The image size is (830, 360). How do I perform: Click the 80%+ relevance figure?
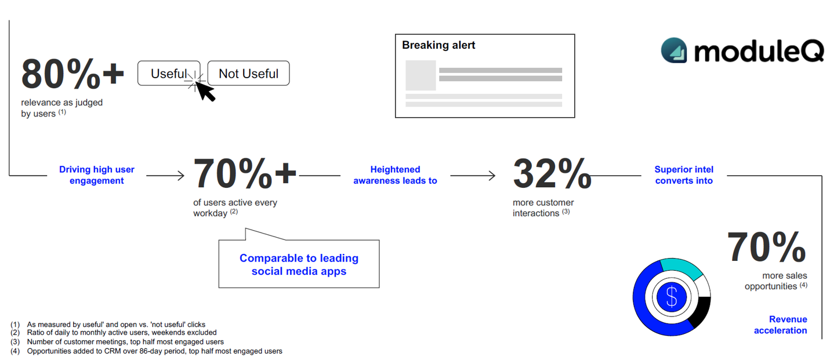[x=73, y=74]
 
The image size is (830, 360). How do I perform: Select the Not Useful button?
[x=248, y=73]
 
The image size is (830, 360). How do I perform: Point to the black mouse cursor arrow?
[x=205, y=91]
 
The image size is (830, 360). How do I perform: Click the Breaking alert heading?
[x=438, y=45]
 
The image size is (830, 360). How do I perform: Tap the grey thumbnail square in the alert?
[x=421, y=75]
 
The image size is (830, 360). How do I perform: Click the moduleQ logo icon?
[x=674, y=50]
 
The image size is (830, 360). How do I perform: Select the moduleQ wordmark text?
[x=759, y=52]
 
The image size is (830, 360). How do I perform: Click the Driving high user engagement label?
[x=97, y=175]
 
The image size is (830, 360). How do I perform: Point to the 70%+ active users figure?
[x=245, y=173]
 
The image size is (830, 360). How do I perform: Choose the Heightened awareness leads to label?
[x=395, y=175]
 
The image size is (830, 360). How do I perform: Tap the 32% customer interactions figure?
[x=552, y=173]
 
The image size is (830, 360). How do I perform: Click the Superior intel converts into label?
[x=684, y=175]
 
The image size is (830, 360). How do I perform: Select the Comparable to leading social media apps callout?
[x=299, y=264]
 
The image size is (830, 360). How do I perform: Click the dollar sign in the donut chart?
[x=672, y=297]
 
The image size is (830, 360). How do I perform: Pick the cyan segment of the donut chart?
[x=682, y=268]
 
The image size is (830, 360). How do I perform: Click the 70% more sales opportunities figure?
[x=766, y=247]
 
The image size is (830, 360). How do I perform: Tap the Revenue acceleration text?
[x=780, y=325]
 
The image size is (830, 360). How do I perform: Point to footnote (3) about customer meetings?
[x=117, y=341]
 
